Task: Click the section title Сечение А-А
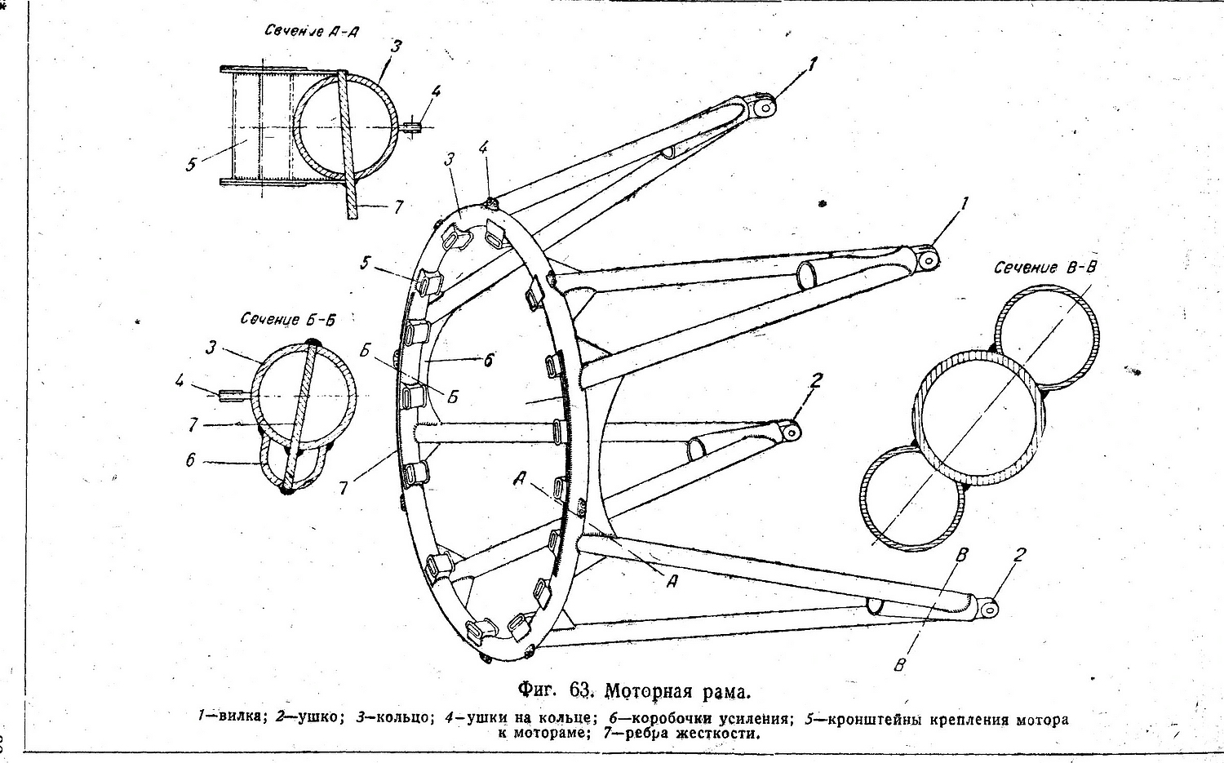(313, 32)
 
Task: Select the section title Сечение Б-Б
(288, 319)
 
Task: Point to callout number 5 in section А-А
(190, 164)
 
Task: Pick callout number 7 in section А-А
(398, 207)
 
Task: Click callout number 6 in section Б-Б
(190, 460)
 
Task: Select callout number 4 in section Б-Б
(180, 380)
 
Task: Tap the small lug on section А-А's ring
(415, 126)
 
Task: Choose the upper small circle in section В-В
(1048, 336)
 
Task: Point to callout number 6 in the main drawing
(489, 360)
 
